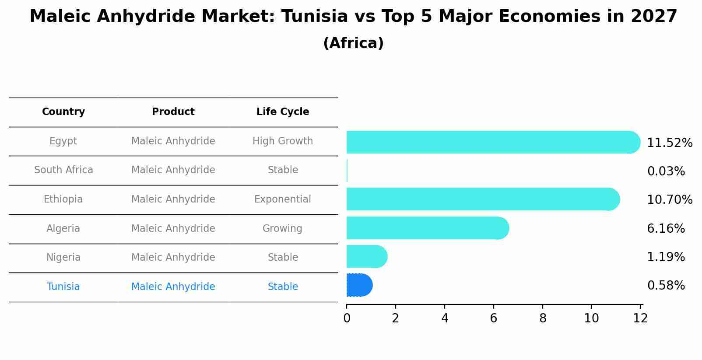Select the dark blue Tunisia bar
tap(359, 285)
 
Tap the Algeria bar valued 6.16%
tap(427, 228)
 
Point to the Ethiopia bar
tap(481, 199)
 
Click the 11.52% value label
tap(669, 143)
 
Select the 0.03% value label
tap(666, 171)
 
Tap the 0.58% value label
tap(666, 286)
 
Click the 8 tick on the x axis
tap(543, 318)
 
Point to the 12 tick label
tap(640, 318)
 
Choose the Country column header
tap(63, 112)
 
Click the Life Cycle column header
tap(283, 112)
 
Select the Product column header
tap(173, 112)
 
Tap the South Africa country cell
tap(63, 170)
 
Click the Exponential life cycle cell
tap(283, 199)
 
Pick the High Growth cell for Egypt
tap(283, 141)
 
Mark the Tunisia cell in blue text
tap(63, 287)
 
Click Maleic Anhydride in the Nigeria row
tap(173, 258)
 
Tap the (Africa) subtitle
tap(353, 43)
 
